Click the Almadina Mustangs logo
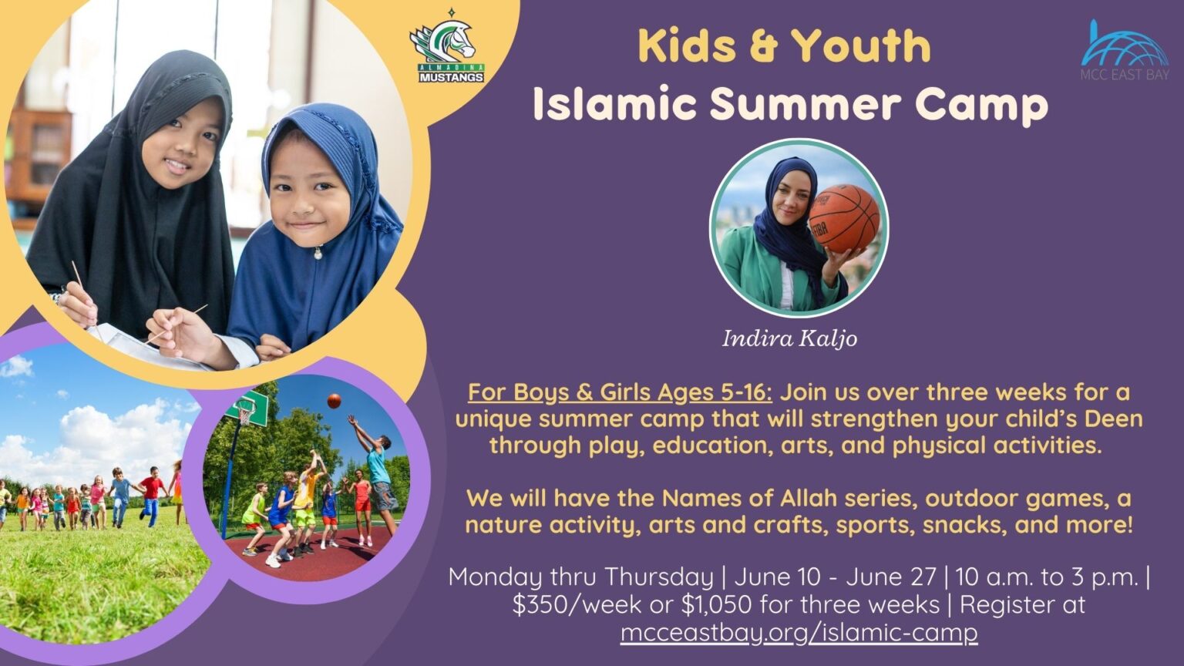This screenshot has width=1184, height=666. point(446,48)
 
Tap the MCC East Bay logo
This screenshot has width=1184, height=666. point(1124,51)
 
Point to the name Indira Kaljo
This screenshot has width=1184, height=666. point(789,338)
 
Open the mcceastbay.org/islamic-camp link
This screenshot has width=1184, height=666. point(799,632)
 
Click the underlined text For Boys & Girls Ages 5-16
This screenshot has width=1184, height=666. point(620,392)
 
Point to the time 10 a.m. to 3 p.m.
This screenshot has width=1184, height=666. point(1047,577)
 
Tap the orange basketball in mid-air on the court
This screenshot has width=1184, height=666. point(334,401)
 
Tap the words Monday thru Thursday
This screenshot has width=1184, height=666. point(580,577)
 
